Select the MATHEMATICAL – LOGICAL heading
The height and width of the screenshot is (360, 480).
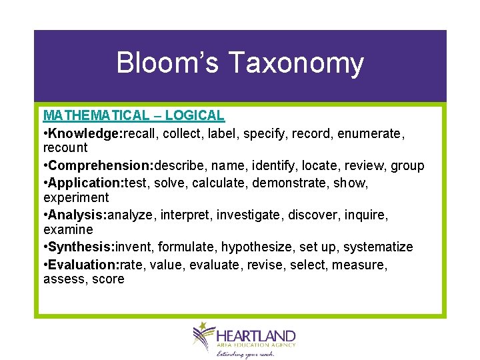click(x=134, y=115)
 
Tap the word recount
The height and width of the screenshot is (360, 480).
click(x=65, y=147)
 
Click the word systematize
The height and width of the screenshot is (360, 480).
click(x=378, y=247)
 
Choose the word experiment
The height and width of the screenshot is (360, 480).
click(x=75, y=197)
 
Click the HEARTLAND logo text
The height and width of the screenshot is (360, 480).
click(x=256, y=335)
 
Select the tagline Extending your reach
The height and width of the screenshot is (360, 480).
click(x=245, y=354)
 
